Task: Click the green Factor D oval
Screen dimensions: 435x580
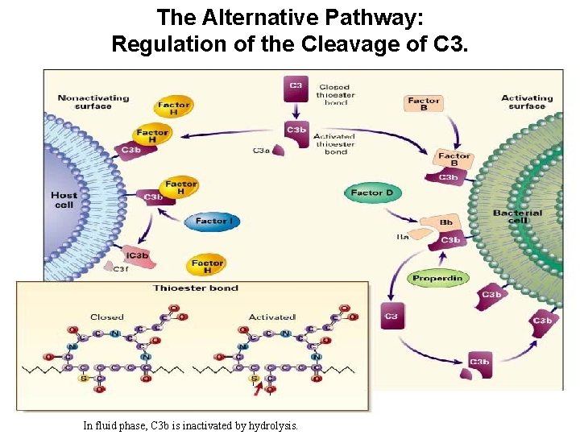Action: click(371, 193)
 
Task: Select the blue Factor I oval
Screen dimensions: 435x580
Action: click(212, 221)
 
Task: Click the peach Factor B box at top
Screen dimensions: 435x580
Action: click(424, 105)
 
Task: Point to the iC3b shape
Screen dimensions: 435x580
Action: click(138, 255)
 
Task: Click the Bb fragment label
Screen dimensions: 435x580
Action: click(445, 222)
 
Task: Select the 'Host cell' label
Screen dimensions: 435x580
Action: click(64, 200)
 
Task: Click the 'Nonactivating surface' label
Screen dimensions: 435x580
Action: click(93, 101)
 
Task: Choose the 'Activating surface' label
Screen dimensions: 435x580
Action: click(528, 101)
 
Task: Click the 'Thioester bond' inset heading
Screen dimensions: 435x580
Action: click(196, 288)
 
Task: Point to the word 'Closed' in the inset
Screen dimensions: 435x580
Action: click(107, 317)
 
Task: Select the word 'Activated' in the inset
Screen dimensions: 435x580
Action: click(271, 317)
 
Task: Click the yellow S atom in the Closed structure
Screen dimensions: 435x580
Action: click(81, 377)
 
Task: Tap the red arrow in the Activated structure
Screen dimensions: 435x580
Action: click(257, 391)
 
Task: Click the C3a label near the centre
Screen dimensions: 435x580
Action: click(261, 150)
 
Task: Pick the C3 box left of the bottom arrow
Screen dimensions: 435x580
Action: click(391, 316)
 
